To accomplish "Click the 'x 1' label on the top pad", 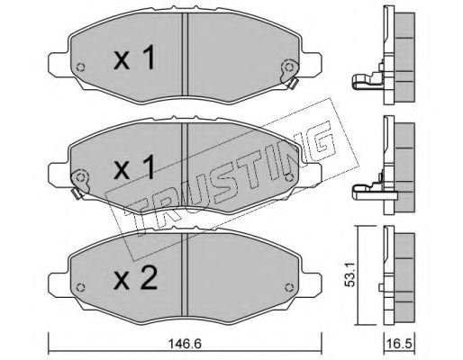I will (135, 60).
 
